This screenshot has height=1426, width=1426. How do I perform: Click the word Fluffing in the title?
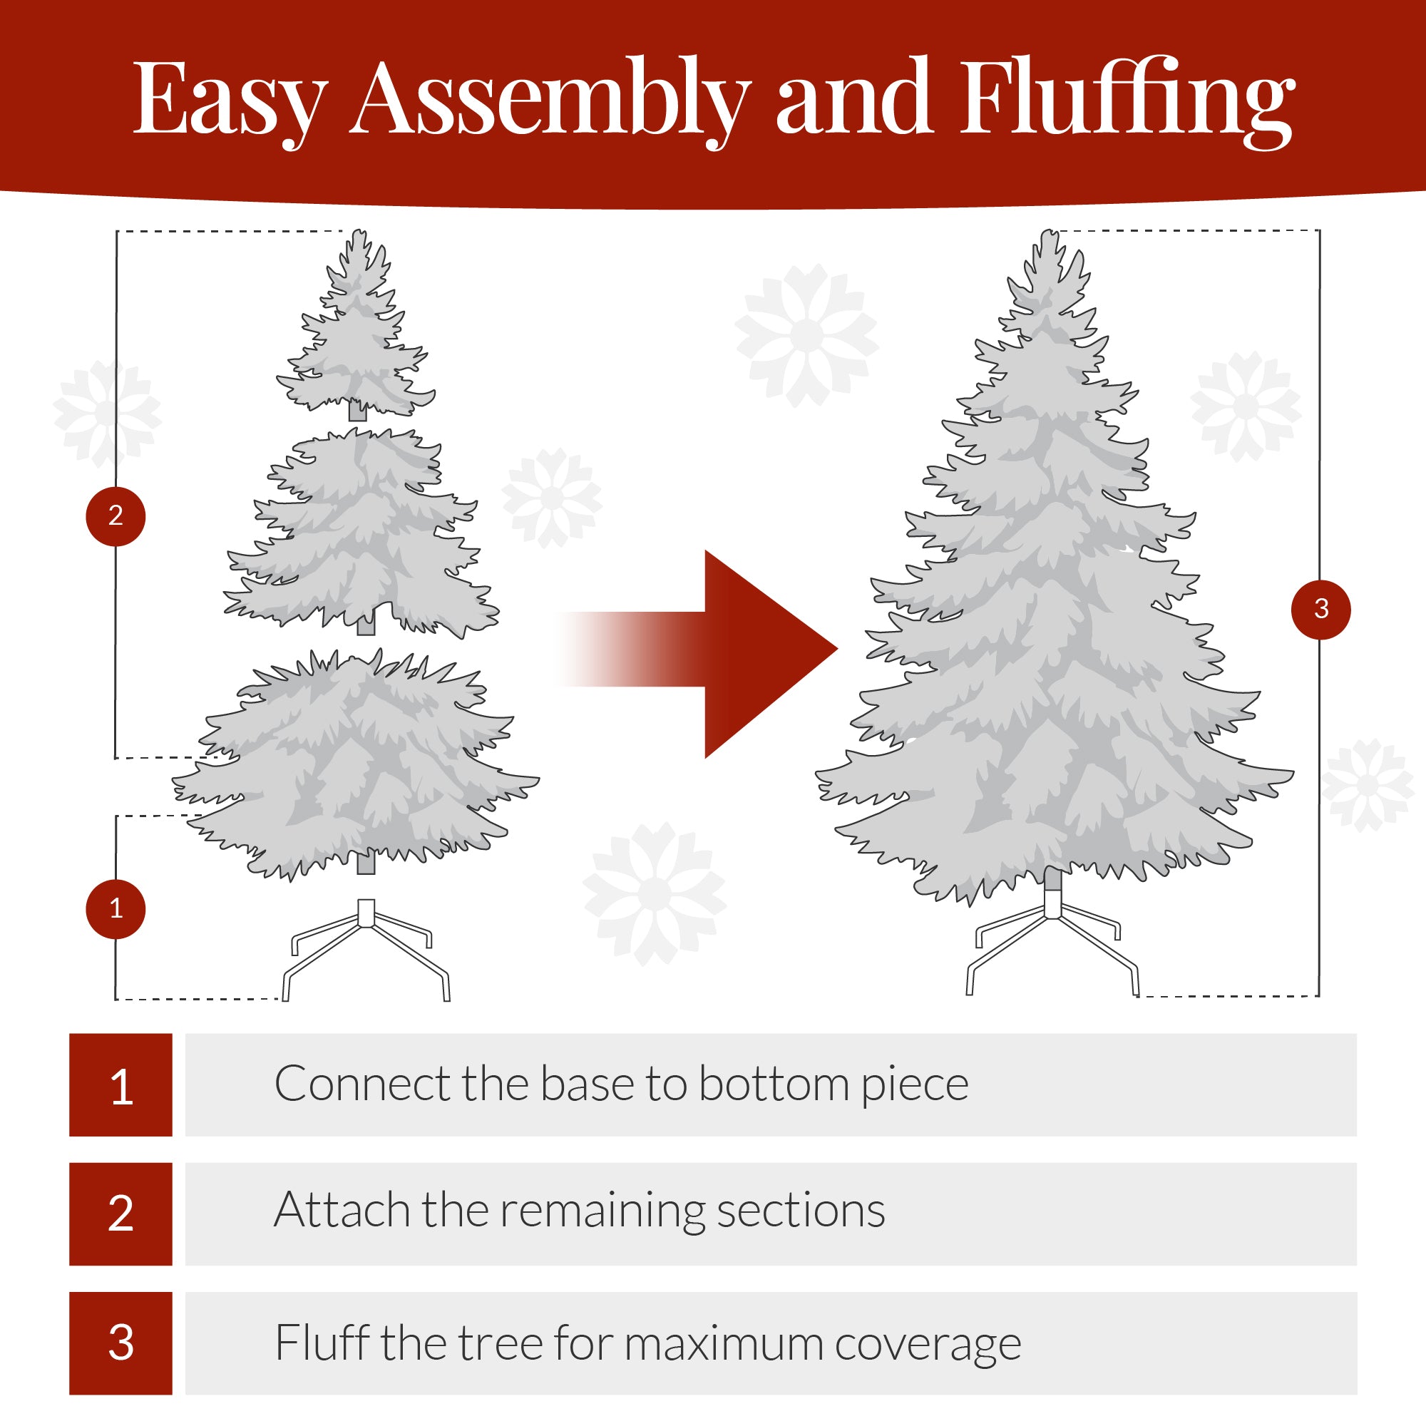(1127, 100)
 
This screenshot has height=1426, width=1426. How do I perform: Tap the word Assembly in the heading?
(550, 100)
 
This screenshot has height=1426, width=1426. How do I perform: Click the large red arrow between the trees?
(746, 653)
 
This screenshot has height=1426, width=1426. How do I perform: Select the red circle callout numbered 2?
(116, 516)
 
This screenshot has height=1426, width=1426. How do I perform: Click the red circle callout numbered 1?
(116, 908)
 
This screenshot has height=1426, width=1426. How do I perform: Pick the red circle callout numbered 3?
(1320, 609)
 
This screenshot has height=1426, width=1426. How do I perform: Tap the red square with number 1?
(121, 1085)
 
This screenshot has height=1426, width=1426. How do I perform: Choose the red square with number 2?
(121, 1214)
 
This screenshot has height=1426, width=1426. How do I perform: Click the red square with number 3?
(121, 1343)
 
